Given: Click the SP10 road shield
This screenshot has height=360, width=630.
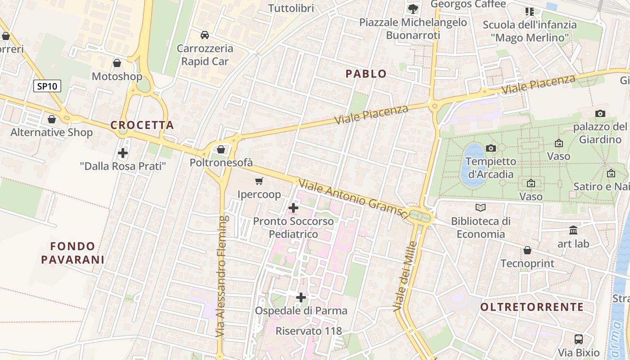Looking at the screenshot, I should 47,86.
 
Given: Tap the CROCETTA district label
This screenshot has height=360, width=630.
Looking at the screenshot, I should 142,126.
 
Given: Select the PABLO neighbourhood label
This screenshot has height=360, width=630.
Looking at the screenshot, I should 366,74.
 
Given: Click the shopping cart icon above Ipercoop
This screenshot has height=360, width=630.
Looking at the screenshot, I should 259,181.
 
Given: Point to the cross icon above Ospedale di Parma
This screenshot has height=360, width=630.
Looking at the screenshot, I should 301,297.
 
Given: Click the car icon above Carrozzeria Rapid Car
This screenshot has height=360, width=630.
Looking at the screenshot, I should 205,35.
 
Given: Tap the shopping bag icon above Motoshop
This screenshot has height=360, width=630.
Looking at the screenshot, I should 117,63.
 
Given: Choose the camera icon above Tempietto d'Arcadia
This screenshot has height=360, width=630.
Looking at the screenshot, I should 491,148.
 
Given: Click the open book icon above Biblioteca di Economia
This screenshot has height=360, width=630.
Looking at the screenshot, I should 481,208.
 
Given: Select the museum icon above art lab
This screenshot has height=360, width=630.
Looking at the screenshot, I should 573,230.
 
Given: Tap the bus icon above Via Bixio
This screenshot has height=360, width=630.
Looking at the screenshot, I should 579,339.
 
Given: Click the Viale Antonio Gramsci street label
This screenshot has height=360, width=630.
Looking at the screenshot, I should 354,199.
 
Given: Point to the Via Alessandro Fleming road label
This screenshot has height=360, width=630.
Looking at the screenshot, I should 220,277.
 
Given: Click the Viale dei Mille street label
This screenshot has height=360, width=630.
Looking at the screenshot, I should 405,276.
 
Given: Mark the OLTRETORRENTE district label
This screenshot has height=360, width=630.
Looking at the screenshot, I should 532,307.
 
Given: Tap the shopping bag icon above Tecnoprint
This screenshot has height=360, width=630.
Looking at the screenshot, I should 527,250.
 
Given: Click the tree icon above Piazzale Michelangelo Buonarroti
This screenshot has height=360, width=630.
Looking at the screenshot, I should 413,9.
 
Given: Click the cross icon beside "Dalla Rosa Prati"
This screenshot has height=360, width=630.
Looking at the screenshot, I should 122,153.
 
